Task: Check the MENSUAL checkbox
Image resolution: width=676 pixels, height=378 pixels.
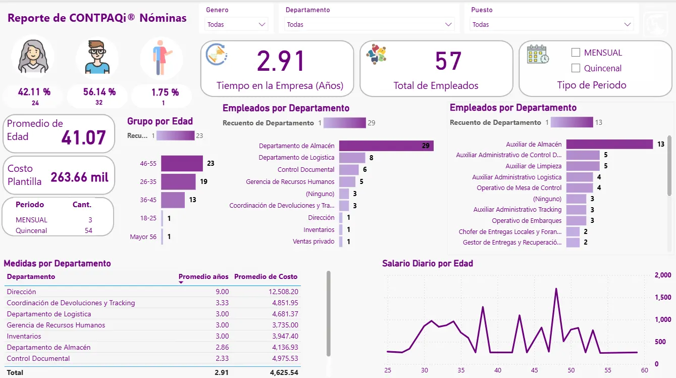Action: tap(576, 53)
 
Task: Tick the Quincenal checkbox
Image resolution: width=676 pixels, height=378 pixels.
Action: tap(576, 68)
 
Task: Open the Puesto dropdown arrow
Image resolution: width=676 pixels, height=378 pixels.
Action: tap(628, 24)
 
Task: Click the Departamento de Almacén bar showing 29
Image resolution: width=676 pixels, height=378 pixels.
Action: tap(386, 146)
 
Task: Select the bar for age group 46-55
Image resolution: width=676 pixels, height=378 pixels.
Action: tap(182, 163)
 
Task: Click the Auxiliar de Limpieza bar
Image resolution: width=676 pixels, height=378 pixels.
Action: tap(583, 166)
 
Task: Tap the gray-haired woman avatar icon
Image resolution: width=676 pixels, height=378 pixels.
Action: tap(33, 56)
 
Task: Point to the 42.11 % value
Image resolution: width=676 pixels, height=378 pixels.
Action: tap(34, 92)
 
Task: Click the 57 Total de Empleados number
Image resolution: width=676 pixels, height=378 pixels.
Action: tap(448, 62)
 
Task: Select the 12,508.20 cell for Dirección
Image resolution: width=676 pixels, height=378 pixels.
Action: tap(281, 292)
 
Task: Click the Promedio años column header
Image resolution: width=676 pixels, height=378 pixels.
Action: tap(203, 276)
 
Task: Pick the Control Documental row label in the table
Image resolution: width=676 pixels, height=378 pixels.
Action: tap(38, 358)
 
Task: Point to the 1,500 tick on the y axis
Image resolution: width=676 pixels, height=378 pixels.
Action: tap(663, 297)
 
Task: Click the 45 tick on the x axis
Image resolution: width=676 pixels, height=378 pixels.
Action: tap(534, 370)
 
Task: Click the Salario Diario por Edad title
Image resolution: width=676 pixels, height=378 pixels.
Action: tap(427, 263)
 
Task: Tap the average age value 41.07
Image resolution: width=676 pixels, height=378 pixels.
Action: tap(83, 137)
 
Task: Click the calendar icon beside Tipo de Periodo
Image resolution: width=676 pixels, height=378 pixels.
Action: tap(538, 55)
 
